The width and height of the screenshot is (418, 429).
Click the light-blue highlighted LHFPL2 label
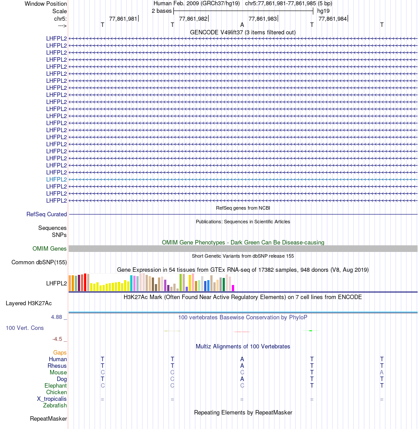click(56, 179)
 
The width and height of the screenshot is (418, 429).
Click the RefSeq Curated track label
click(47, 214)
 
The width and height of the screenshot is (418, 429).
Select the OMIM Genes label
click(50, 249)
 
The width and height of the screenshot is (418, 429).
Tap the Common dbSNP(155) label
click(39, 263)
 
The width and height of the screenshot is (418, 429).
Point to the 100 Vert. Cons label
click(25, 328)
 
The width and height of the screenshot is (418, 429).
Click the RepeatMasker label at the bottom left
click(48, 418)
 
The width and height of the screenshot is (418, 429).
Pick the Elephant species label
click(55, 385)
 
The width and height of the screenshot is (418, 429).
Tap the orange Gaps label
click(60, 352)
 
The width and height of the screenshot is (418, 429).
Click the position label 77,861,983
click(263, 18)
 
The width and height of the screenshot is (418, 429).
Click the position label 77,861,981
click(123, 18)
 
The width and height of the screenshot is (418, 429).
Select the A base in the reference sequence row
click(242, 25)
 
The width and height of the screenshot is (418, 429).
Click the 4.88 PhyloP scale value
click(57, 317)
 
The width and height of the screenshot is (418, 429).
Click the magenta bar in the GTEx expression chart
click(233, 288)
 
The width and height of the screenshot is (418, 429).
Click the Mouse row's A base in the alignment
click(382, 372)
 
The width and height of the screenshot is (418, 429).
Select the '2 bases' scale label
click(161, 11)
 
